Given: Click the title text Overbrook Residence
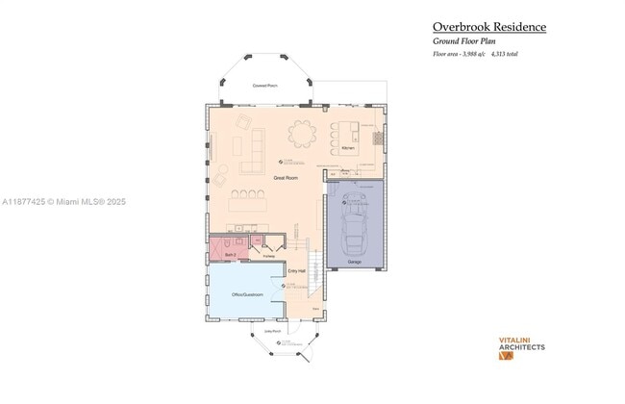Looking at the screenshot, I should click(x=488, y=27).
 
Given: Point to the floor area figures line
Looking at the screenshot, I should click(x=475, y=55).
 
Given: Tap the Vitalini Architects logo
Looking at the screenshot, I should click(x=521, y=346).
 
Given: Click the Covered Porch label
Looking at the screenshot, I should click(x=265, y=86).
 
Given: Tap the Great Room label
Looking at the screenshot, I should click(x=285, y=178).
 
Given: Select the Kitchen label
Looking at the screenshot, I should click(x=347, y=148).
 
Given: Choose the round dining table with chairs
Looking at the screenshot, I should click(x=305, y=134).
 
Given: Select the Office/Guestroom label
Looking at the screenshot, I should click(x=247, y=294).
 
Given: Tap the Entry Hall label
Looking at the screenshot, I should click(x=296, y=272).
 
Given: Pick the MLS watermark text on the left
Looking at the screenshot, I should click(x=63, y=202).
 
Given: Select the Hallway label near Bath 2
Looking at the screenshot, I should click(x=268, y=256).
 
